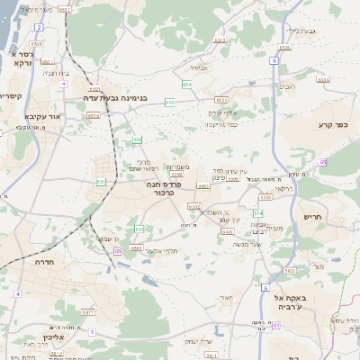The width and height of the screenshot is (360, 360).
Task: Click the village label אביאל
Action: pos(199,67)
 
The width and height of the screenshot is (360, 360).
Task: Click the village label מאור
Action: pos(226,297)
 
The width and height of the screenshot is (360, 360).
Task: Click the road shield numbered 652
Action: pos(137,139)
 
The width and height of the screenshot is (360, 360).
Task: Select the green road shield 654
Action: pos(186,85)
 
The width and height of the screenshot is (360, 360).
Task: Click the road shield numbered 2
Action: pos(40,28)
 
